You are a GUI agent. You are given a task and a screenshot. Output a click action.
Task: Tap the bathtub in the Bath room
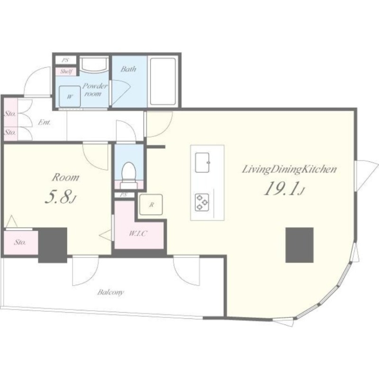[x=162, y=81]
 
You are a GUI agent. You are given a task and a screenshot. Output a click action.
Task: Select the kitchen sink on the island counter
[x=202, y=162]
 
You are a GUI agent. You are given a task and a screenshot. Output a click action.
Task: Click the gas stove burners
[x=202, y=202]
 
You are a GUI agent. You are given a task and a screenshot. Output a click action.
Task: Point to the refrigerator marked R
[x=151, y=205]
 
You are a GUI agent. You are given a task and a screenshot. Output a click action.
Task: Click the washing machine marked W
[x=70, y=96]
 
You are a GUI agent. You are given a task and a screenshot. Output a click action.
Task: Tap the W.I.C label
[x=138, y=234]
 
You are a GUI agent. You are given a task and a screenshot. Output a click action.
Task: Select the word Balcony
[x=111, y=292]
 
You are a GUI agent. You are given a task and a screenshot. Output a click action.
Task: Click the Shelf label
[x=66, y=72]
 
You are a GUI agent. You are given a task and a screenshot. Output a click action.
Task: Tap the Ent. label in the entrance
[x=45, y=122]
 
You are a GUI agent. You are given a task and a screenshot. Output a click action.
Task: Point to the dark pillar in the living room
[x=299, y=245]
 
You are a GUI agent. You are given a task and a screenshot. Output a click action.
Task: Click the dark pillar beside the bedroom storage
[x=53, y=245]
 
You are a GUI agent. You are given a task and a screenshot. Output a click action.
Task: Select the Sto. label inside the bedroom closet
[x=20, y=242]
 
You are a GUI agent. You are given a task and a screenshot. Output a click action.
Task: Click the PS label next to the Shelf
[x=65, y=60]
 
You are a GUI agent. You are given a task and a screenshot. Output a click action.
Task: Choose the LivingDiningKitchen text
[x=289, y=170]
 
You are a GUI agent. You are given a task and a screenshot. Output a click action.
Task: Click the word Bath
[x=128, y=69]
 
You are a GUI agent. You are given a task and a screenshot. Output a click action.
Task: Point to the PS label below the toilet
[x=124, y=195]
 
